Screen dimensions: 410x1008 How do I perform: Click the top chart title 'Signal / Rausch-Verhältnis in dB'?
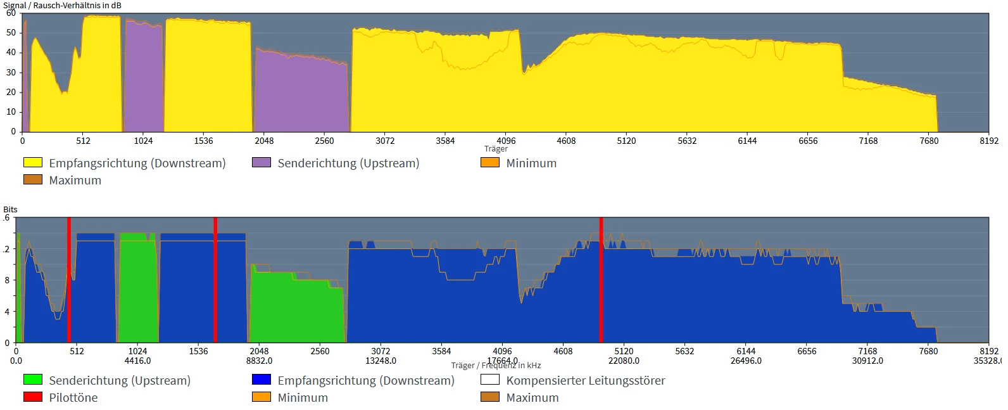tap(62, 6)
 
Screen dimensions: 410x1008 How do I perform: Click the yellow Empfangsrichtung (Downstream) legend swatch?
tap(33, 163)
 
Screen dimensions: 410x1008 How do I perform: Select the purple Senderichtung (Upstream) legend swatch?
tap(261, 163)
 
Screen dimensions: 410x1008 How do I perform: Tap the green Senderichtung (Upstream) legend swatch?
tap(33, 380)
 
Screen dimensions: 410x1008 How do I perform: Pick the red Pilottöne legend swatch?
tap(33, 397)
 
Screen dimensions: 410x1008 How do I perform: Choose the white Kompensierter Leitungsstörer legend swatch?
tap(490, 380)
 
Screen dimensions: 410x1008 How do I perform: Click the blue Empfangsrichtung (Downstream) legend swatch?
tap(261, 380)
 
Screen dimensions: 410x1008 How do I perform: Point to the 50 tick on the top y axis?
tap(11, 33)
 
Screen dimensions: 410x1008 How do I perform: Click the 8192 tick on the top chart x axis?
tap(988, 141)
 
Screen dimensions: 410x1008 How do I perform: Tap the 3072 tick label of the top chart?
tap(385, 141)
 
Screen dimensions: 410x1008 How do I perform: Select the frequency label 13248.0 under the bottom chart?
tap(381, 361)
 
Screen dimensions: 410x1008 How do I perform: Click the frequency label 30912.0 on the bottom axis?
tap(867, 361)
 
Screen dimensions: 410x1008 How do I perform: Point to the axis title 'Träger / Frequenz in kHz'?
tap(496, 366)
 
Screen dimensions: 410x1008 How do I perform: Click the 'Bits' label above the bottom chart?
tap(10, 209)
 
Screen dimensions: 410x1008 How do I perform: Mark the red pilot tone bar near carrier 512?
tap(69, 279)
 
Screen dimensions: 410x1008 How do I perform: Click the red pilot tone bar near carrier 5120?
tap(601, 279)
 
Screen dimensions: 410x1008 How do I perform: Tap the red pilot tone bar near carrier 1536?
tap(215, 279)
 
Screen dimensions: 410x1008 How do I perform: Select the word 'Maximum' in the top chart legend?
tap(75, 181)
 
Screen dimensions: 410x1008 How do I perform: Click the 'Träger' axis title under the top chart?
tap(496, 149)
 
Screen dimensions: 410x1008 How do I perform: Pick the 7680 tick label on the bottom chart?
tap(928, 351)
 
